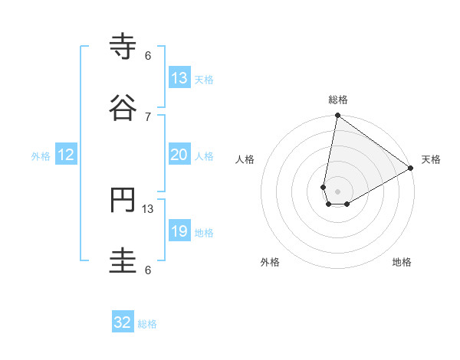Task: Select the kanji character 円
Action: pos(123,201)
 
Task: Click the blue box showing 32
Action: pos(123,322)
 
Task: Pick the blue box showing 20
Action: pos(179,155)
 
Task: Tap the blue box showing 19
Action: pos(179,231)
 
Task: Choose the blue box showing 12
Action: pos(66,155)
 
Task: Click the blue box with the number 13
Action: pos(179,78)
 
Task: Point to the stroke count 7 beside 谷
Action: pos(148,116)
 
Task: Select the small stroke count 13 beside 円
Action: pos(148,208)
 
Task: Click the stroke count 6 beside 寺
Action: pos(148,56)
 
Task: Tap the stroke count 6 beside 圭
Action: pos(148,270)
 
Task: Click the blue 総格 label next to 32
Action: pos(147,324)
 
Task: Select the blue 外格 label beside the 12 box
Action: pos(41,156)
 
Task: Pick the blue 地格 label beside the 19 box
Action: pos(204,233)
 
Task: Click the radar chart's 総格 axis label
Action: pos(338,100)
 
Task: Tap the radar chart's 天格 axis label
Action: pos(431,159)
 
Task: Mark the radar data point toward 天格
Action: pos(411,169)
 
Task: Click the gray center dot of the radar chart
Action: pos(338,191)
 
